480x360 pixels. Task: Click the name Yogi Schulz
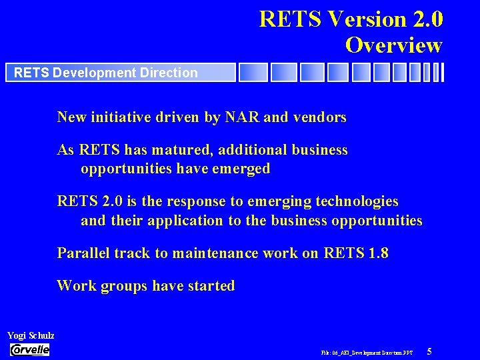(x=31, y=335)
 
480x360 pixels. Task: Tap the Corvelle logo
(x=30, y=350)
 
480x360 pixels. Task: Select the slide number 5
(x=429, y=351)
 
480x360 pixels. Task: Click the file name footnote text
(x=367, y=352)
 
